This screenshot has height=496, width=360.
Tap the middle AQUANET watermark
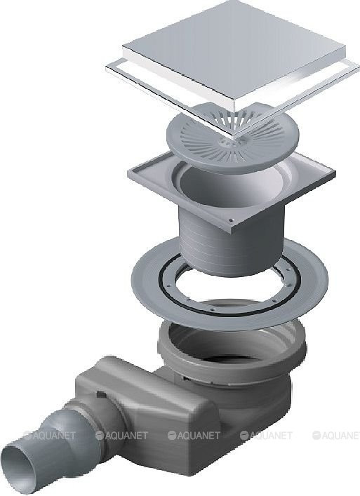[x=194, y=436]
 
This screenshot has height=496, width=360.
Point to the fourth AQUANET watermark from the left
[x=266, y=436]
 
